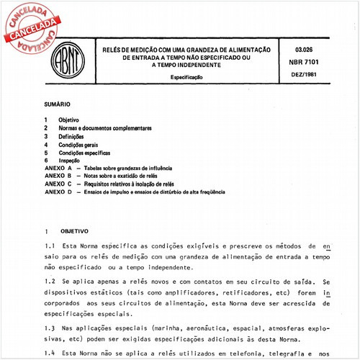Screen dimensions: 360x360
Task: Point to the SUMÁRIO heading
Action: pyautogui.click(x=56, y=104)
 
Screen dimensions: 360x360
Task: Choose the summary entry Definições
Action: pyautogui.click(x=76, y=136)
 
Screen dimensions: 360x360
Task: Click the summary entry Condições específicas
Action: pyautogui.click(x=86, y=153)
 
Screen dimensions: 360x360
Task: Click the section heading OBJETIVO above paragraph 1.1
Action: pyautogui.click(x=74, y=232)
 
